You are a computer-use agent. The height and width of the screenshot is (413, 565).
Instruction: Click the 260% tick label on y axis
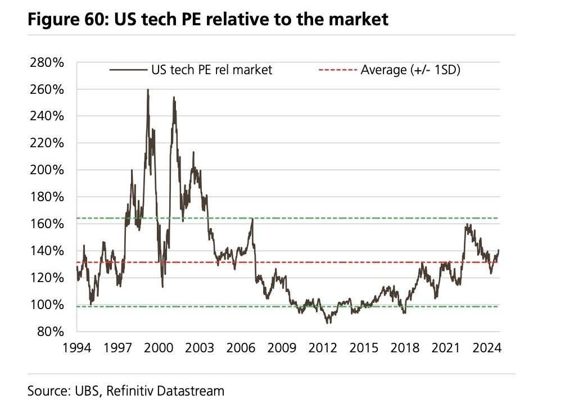(x=48, y=89)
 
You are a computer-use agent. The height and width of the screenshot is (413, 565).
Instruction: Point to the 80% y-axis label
(x=52, y=332)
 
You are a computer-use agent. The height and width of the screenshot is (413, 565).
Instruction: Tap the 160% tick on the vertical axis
(x=48, y=224)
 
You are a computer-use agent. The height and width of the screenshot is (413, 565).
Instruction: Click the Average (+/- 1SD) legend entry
(x=410, y=70)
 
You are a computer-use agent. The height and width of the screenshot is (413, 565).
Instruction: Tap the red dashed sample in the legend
(x=337, y=70)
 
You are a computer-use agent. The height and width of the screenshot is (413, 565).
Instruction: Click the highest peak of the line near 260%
(x=148, y=90)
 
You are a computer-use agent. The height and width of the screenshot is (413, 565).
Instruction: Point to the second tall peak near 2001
(x=174, y=98)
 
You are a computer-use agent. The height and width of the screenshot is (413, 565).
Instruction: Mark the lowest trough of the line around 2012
(x=327, y=323)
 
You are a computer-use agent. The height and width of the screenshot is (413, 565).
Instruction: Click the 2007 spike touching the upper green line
(x=252, y=219)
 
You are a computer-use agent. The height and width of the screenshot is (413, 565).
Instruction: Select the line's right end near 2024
(x=499, y=250)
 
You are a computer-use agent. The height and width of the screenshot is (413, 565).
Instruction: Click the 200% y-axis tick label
(x=48, y=170)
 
